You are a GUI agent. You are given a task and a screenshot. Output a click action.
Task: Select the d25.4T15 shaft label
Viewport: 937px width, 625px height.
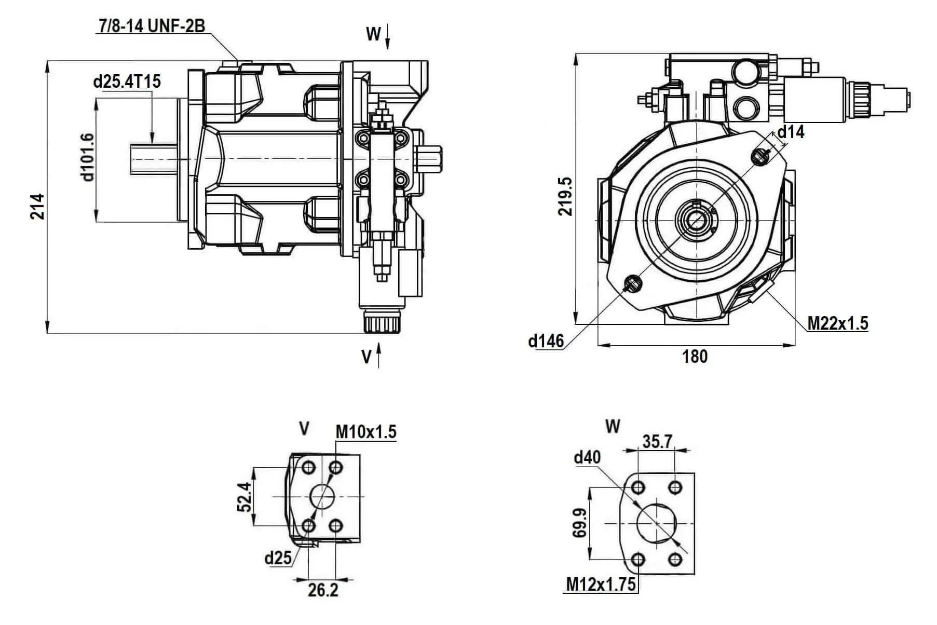(x=127, y=81)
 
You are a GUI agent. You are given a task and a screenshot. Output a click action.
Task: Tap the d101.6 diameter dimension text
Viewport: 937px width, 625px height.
(x=87, y=157)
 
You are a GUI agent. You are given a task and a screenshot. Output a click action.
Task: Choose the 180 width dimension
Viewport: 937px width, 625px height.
(x=695, y=357)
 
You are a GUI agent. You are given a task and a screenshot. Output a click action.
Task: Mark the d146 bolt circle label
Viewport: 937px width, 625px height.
(x=546, y=341)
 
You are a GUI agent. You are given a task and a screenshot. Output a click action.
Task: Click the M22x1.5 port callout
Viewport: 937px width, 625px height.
(x=837, y=323)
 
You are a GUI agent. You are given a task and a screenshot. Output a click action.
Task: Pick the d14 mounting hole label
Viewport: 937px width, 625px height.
(x=791, y=132)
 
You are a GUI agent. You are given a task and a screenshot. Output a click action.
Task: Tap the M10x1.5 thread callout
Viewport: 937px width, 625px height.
(x=366, y=431)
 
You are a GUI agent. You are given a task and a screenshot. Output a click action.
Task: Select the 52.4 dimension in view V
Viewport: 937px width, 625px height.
(x=244, y=497)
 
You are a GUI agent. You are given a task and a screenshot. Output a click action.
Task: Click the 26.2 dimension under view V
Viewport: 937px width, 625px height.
(x=323, y=590)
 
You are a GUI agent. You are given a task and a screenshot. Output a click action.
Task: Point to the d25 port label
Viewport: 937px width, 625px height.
(x=278, y=558)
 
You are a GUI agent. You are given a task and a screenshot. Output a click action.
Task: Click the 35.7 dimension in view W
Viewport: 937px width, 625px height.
(x=657, y=441)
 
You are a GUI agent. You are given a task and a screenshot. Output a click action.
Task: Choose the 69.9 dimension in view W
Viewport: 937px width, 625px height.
(x=580, y=523)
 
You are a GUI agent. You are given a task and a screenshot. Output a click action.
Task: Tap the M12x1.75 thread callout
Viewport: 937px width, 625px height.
(x=601, y=585)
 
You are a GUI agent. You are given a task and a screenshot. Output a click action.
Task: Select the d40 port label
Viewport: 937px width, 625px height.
(x=587, y=457)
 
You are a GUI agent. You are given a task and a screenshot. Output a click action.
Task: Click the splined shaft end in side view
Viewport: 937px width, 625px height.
(x=154, y=158)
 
